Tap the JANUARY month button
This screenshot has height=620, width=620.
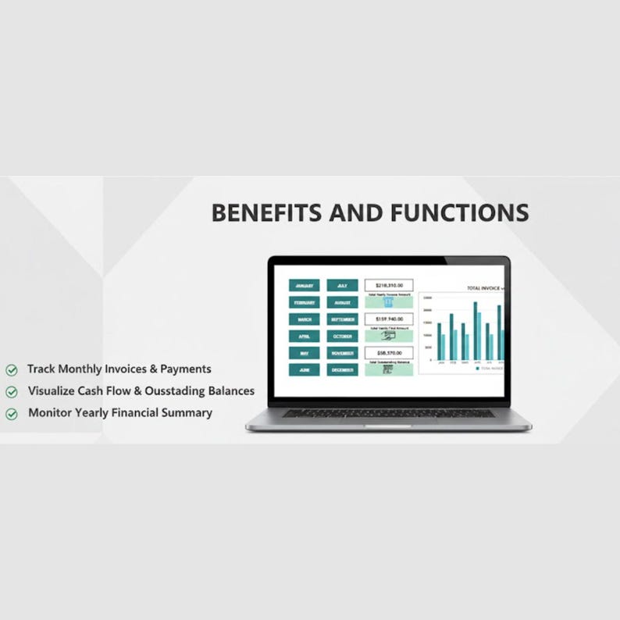304,286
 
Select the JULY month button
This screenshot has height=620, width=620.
342,286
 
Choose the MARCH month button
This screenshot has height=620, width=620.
304,319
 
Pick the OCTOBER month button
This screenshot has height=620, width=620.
342,337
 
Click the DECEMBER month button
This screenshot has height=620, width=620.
342,370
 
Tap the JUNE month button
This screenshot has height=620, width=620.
304,370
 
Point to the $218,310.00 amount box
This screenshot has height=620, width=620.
388,286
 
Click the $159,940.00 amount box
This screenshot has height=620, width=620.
388,319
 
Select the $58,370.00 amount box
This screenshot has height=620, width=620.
388,354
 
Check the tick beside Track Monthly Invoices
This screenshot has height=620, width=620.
12,369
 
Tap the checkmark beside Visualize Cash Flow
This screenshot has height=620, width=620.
12,392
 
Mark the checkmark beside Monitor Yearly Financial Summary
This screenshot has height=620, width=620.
12,414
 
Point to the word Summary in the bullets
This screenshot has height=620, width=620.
188,413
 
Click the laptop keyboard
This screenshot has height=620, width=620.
388,413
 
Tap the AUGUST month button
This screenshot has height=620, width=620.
342,302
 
